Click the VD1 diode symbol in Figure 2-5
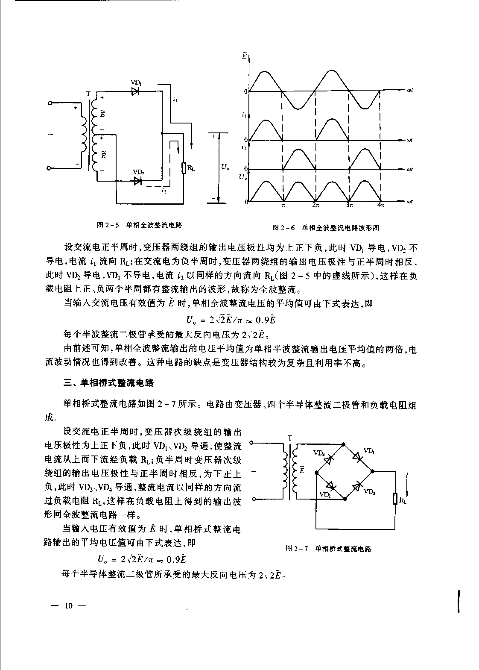coord(136,91)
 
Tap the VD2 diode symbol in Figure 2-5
coord(138,181)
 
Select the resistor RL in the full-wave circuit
coord(184,168)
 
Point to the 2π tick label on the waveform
coord(315,206)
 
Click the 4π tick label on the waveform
coord(381,206)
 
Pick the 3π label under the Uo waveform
coord(349,206)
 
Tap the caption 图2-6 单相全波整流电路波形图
coord(326,228)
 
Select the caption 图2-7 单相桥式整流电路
coord(328,549)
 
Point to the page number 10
coord(69,605)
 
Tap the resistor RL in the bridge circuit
coord(395,498)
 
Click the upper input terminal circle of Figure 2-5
coord(50,103)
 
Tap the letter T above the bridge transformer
coord(290,438)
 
